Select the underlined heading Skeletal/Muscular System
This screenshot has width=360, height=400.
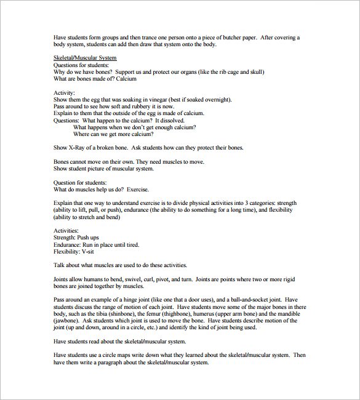(85, 58)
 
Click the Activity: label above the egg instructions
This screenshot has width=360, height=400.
(65, 93)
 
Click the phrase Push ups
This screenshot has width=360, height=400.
(89, 238)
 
